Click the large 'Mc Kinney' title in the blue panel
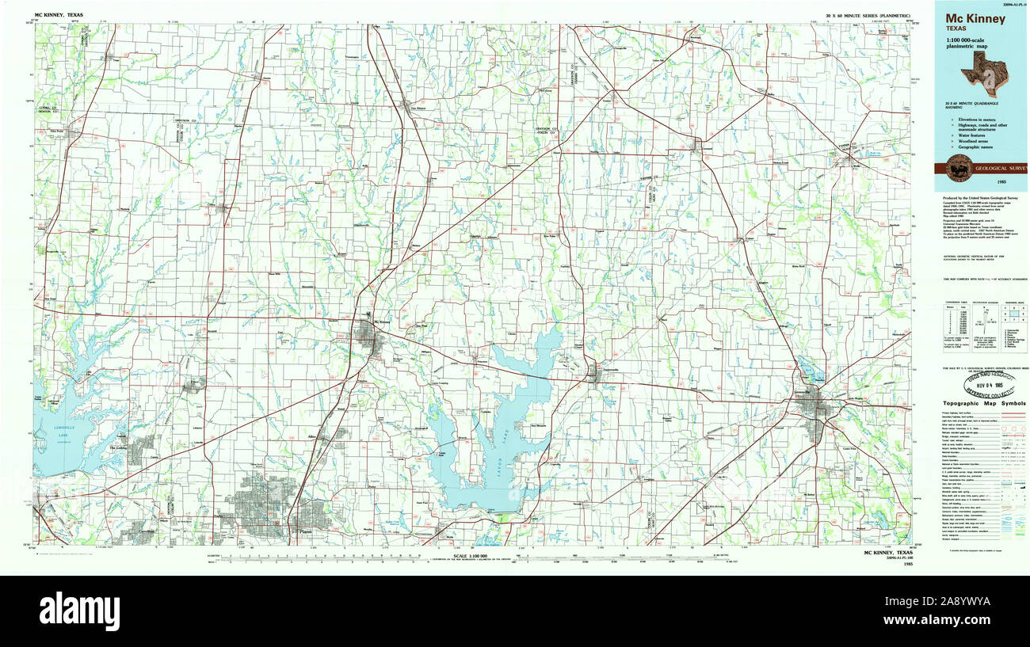point(975,18)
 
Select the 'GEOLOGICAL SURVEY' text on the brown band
point(999,169)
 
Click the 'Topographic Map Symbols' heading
point(984,403)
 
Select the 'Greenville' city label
point(807,392)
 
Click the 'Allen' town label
point(312,436)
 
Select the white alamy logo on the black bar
point(79,611)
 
